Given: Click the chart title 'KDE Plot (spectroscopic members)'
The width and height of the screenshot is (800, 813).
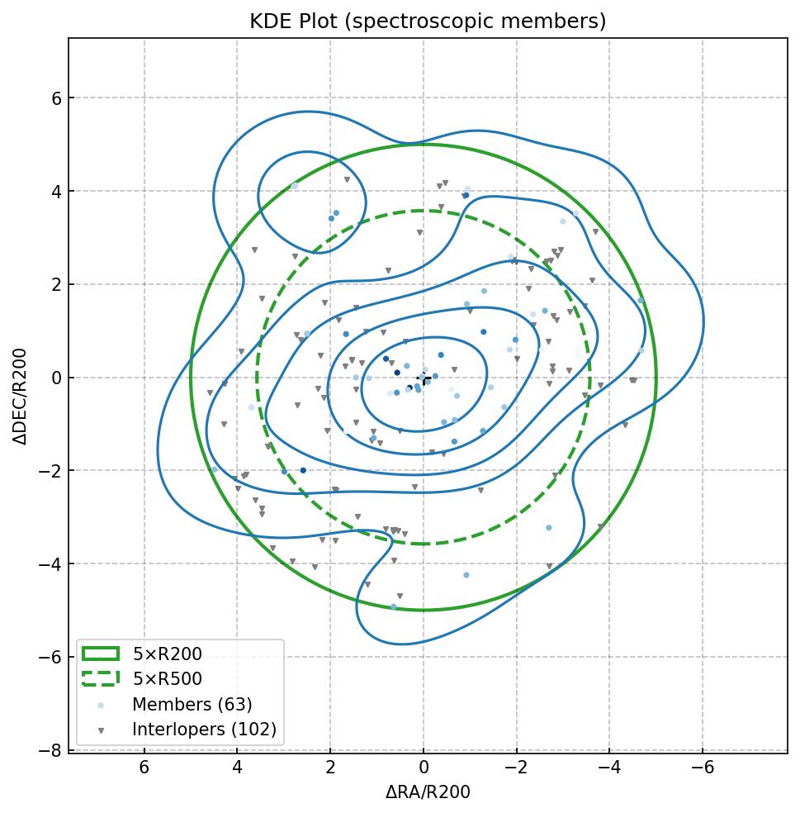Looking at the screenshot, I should [428, 21].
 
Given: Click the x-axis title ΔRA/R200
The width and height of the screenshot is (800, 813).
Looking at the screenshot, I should [428, 792].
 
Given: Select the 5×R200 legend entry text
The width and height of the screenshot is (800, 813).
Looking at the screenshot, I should [168, 654].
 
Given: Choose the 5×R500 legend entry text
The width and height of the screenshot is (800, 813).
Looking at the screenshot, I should [168, 679].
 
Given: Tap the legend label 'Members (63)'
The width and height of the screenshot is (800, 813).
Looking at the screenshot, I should [192, 705].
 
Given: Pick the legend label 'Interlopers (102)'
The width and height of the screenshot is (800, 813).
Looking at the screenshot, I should [204, 730].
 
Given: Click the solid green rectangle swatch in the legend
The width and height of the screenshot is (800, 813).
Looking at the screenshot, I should [101, 654].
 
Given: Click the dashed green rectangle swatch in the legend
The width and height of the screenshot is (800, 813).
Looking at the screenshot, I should [101, 678].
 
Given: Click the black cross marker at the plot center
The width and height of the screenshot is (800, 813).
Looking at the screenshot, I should [424, 379].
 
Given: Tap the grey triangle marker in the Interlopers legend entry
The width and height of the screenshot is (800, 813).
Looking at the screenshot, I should [101, 730].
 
